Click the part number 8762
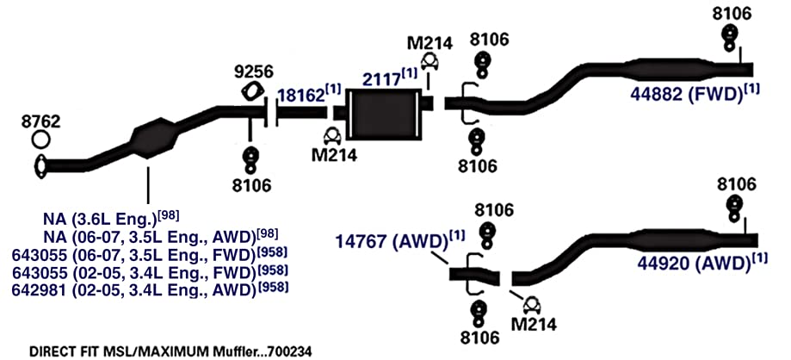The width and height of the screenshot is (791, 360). point(40,121)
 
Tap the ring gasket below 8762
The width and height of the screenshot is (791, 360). point(40,139)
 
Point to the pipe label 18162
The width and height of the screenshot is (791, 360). point(301,96)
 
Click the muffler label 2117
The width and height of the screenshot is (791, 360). point(381,79)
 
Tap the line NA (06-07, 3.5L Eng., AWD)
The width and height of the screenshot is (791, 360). point(145,237)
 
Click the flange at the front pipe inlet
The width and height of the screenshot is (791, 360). point(40,167)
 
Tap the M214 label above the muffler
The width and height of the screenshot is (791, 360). point(429,42)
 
